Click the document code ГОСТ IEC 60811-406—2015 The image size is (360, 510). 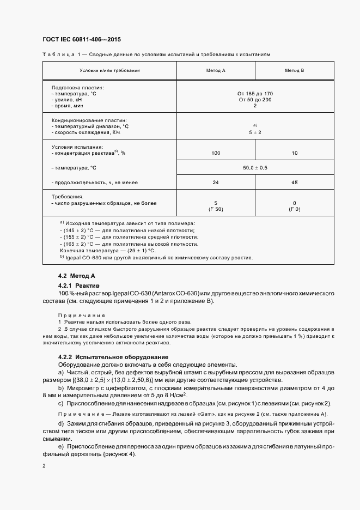click(81, 40)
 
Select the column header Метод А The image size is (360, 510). click(216, 71)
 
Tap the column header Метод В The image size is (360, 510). click(294, 71)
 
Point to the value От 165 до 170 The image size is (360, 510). click(255, 94)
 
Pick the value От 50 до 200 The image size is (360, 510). click(255, 100)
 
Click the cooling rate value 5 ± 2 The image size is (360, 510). click(255, 132)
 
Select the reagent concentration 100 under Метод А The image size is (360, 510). click(216, 153)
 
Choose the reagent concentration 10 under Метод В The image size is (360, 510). click(294, 153)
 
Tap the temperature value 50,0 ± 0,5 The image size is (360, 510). click(255, 168)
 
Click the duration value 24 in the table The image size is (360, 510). click(216, 183)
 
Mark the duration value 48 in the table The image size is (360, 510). click(294, 183)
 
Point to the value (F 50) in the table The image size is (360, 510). click(216, 209)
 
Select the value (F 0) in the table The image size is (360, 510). click(294, 209)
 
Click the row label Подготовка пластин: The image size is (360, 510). click(77, 88)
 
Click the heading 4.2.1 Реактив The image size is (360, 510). click(79, 285)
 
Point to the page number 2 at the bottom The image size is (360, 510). click(44, 466)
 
